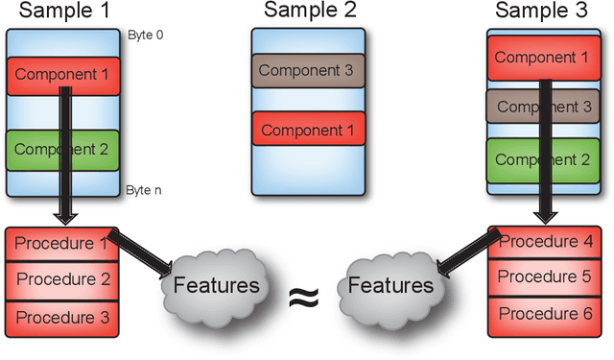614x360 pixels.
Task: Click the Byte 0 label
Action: tap(144, 36)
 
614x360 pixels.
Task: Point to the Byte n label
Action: tap(144, 190)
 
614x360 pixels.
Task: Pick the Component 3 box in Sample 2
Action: tap(308, 70)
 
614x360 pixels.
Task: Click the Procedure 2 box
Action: tap(63, 279)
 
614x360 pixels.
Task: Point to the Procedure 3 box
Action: tap(63, 316)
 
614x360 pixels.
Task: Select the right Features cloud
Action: tap(390, 285)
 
